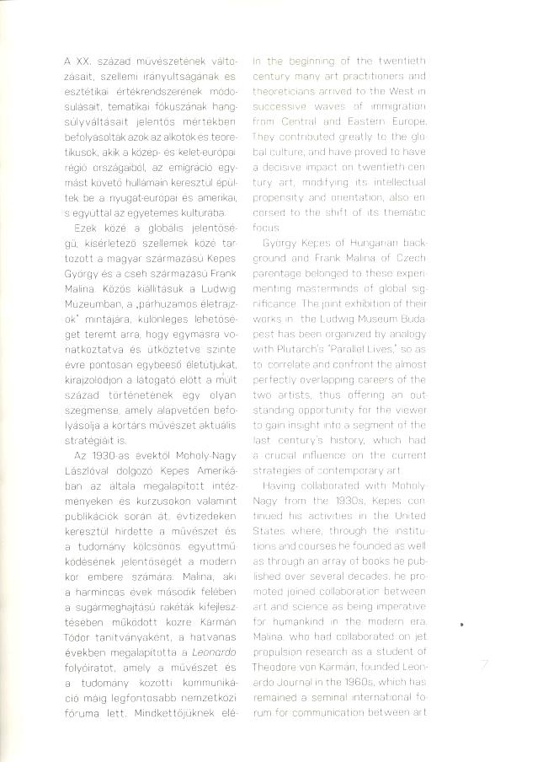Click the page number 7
(484, 666)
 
